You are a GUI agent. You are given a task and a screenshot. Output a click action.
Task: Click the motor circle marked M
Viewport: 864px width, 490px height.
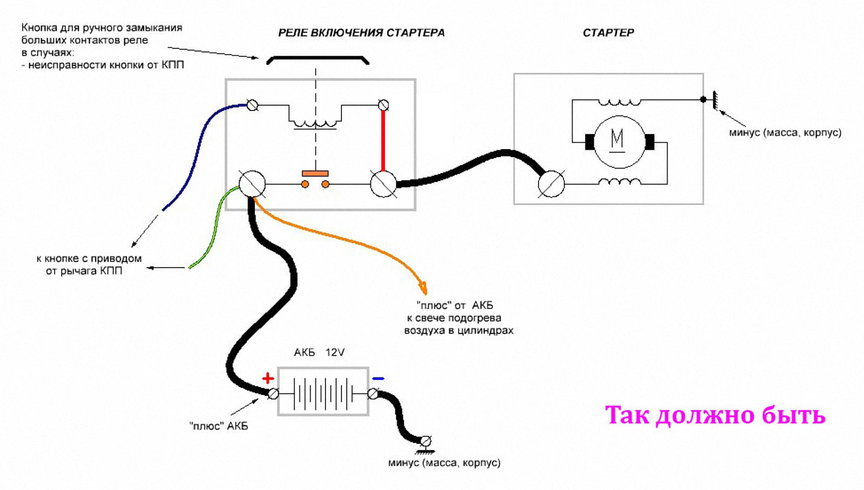(x=618, y=141)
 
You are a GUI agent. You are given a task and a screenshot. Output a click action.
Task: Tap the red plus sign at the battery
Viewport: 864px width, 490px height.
(x=268, y=379)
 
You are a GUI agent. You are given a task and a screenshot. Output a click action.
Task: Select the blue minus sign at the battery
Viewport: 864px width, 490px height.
(x=378, y=379)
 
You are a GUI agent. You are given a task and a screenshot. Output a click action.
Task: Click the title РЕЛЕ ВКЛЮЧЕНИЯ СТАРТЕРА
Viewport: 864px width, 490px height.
(x=361, y=33)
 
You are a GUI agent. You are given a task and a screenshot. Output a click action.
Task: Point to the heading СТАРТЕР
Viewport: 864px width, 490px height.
(x=608, y=33)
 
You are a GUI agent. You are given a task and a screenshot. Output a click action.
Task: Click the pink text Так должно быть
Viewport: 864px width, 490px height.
(x=715, y=415)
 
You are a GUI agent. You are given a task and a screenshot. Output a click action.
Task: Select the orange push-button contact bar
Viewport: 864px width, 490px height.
(x=315, y=174)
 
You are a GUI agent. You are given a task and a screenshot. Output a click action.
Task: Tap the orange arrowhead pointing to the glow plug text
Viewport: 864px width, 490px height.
(x=423, y=289)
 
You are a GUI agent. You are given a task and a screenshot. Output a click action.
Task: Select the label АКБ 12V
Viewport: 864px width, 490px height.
(x=319, y=353)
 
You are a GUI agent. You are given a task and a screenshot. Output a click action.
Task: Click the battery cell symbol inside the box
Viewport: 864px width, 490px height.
(x=323, y=393)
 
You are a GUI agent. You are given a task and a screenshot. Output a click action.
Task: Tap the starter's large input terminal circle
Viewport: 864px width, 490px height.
(x=551, y=184)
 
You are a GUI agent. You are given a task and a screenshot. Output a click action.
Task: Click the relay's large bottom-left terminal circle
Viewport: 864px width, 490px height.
(x=252, y=184)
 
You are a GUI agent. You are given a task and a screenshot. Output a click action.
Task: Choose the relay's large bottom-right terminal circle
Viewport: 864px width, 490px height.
(x=383, y=184)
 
